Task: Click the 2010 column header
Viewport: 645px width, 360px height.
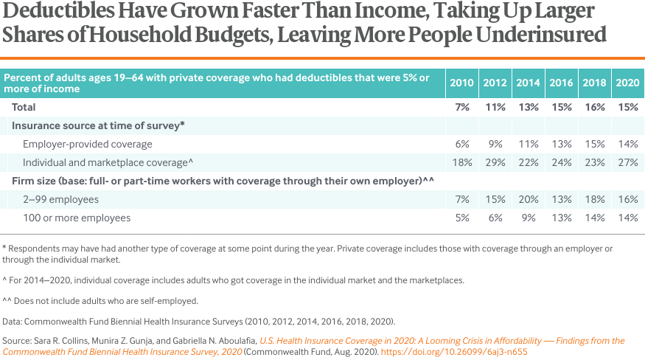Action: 461,83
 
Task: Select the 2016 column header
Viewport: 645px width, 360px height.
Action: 561,83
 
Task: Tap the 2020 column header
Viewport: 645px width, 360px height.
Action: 627,83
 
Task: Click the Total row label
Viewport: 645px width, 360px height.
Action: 24,107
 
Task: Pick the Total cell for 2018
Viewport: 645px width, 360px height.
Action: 594,107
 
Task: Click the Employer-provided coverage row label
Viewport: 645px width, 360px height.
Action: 88,144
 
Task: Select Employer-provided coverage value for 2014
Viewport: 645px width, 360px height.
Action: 528,144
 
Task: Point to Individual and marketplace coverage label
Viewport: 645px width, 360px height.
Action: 108,162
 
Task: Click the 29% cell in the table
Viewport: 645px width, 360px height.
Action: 495,162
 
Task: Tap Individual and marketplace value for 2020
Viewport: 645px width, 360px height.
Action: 627,162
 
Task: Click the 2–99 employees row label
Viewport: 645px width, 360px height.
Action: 60,199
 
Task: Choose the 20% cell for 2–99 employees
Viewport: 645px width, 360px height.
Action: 528,199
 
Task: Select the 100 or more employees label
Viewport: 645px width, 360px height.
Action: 77,218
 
